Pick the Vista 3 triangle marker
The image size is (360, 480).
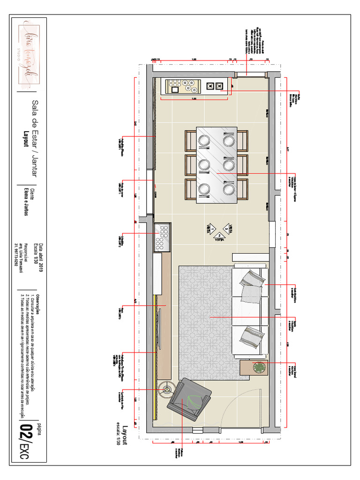pos(226,228)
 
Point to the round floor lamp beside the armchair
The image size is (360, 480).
pos(167,388)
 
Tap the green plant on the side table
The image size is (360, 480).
pos(258,368)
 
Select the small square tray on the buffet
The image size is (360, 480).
pos(210,86)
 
